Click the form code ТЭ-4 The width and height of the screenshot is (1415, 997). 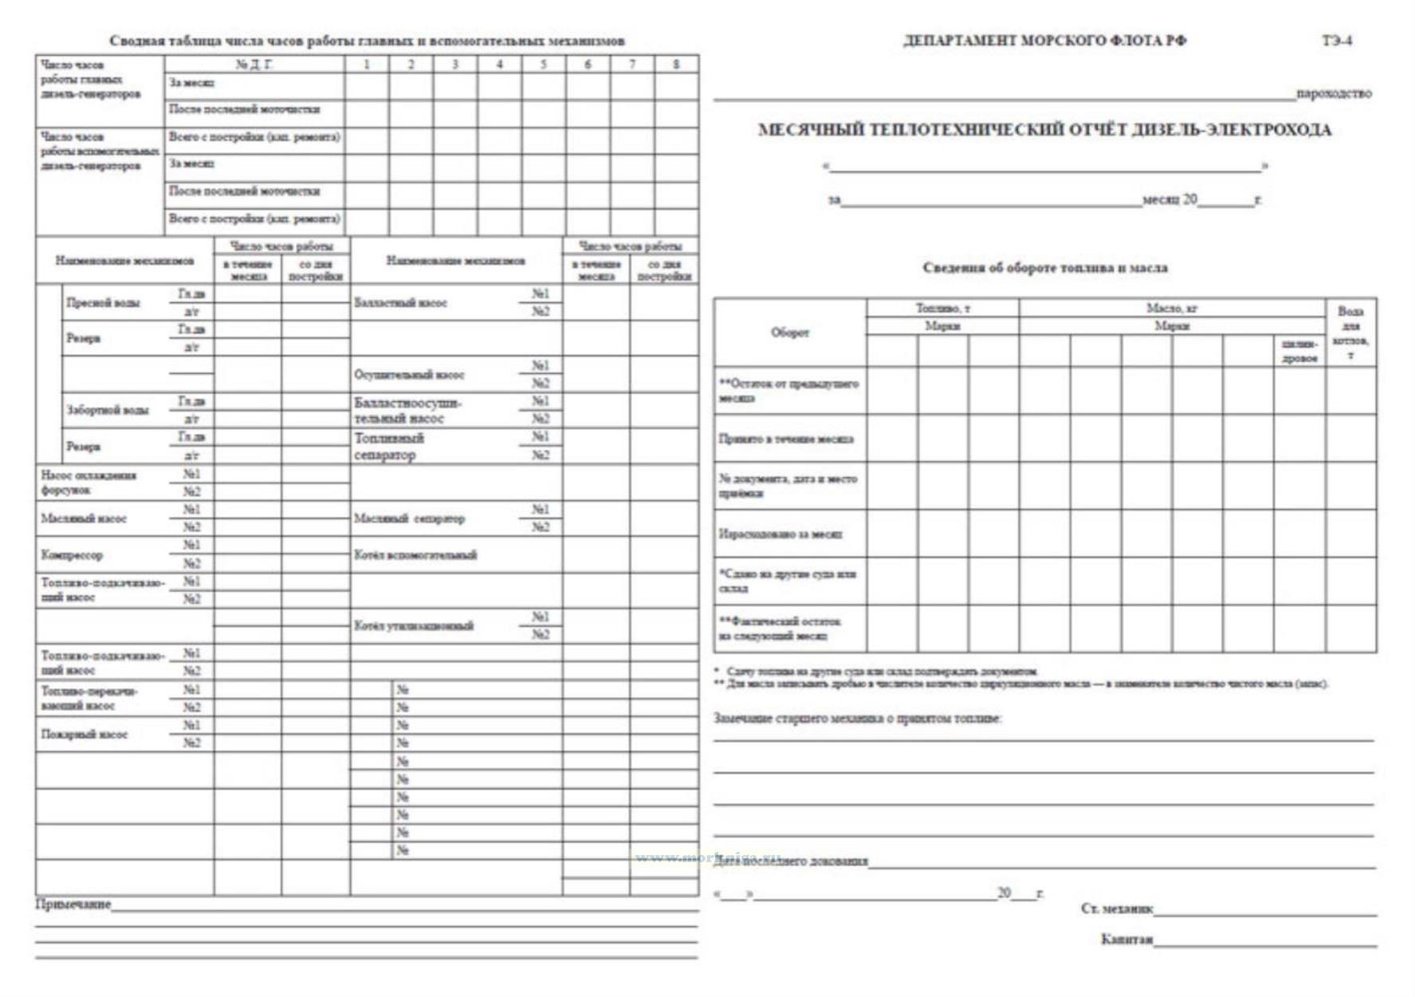pyautogui.click(x=1337, y=41)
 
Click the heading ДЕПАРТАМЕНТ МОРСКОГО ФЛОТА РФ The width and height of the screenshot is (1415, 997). pyautogui.click(x=1044, y=41)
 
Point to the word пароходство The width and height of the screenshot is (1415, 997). pyautogui.click(x=1334, y=93)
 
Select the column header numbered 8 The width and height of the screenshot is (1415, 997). pyautogui.click(x=676, y=65)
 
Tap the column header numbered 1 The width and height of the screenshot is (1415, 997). pyautogui.click(x=367, y=65)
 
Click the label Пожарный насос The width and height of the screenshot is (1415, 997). pyautogui.click(x=84, y=735)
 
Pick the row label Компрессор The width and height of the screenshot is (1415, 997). pyautogui.click(x=72, y=555)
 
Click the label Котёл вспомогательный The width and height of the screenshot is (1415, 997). pyautogui.click(x=415, y=555)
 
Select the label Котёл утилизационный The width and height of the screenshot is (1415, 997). pyautogui.click(x=414, y=626)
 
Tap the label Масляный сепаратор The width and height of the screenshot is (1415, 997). pyautogui.click(x=409, y=519)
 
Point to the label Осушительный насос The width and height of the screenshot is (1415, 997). pyautogui.click(x=409, y=375)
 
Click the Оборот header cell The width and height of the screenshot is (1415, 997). pyautogui.click(x=789, y=333)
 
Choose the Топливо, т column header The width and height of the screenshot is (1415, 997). pyautogui.click(x=942, y=308)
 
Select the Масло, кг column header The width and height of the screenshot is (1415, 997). pyautogui.click(x=1172, y=308)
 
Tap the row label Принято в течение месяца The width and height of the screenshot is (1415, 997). pyautogui.click(x=785, y=439)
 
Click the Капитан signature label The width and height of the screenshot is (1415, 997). pyautogui.click(x=1126, y=940)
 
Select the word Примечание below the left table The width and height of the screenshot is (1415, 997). pyautogui.click(x=73, y=904)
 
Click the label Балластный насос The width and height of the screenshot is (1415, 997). pyautogui.click(x=400, y=303)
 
